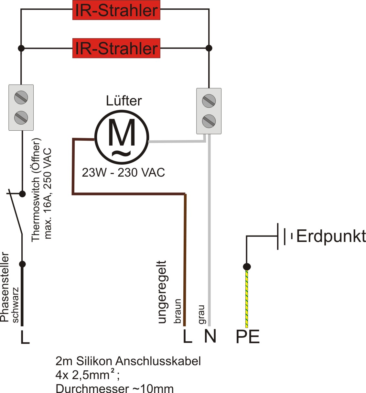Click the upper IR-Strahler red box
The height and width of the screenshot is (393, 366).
(116, 10)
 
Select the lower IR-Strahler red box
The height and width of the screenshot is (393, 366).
(116, 48)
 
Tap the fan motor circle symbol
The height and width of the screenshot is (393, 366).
(122, 137)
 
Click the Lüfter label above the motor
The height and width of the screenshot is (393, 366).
(124, 101)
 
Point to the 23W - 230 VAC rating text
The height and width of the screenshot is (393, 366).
(123, 172)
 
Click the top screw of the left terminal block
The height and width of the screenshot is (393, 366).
(21, 97)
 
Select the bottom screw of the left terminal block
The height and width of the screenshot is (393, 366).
(21, 117)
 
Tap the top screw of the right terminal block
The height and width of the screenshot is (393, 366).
(209, 101)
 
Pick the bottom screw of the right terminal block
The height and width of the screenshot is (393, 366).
(209, 121)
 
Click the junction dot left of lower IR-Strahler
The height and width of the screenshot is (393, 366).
(21, 48)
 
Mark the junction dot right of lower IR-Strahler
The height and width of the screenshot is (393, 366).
(209, 48)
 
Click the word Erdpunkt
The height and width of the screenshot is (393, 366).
(331, 236)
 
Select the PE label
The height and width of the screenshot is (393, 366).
(248, 337)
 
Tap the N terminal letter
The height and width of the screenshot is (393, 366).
(210, 336)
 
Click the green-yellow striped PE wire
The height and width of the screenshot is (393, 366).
(247, 299)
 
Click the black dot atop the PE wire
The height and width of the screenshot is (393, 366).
(247, 267)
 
